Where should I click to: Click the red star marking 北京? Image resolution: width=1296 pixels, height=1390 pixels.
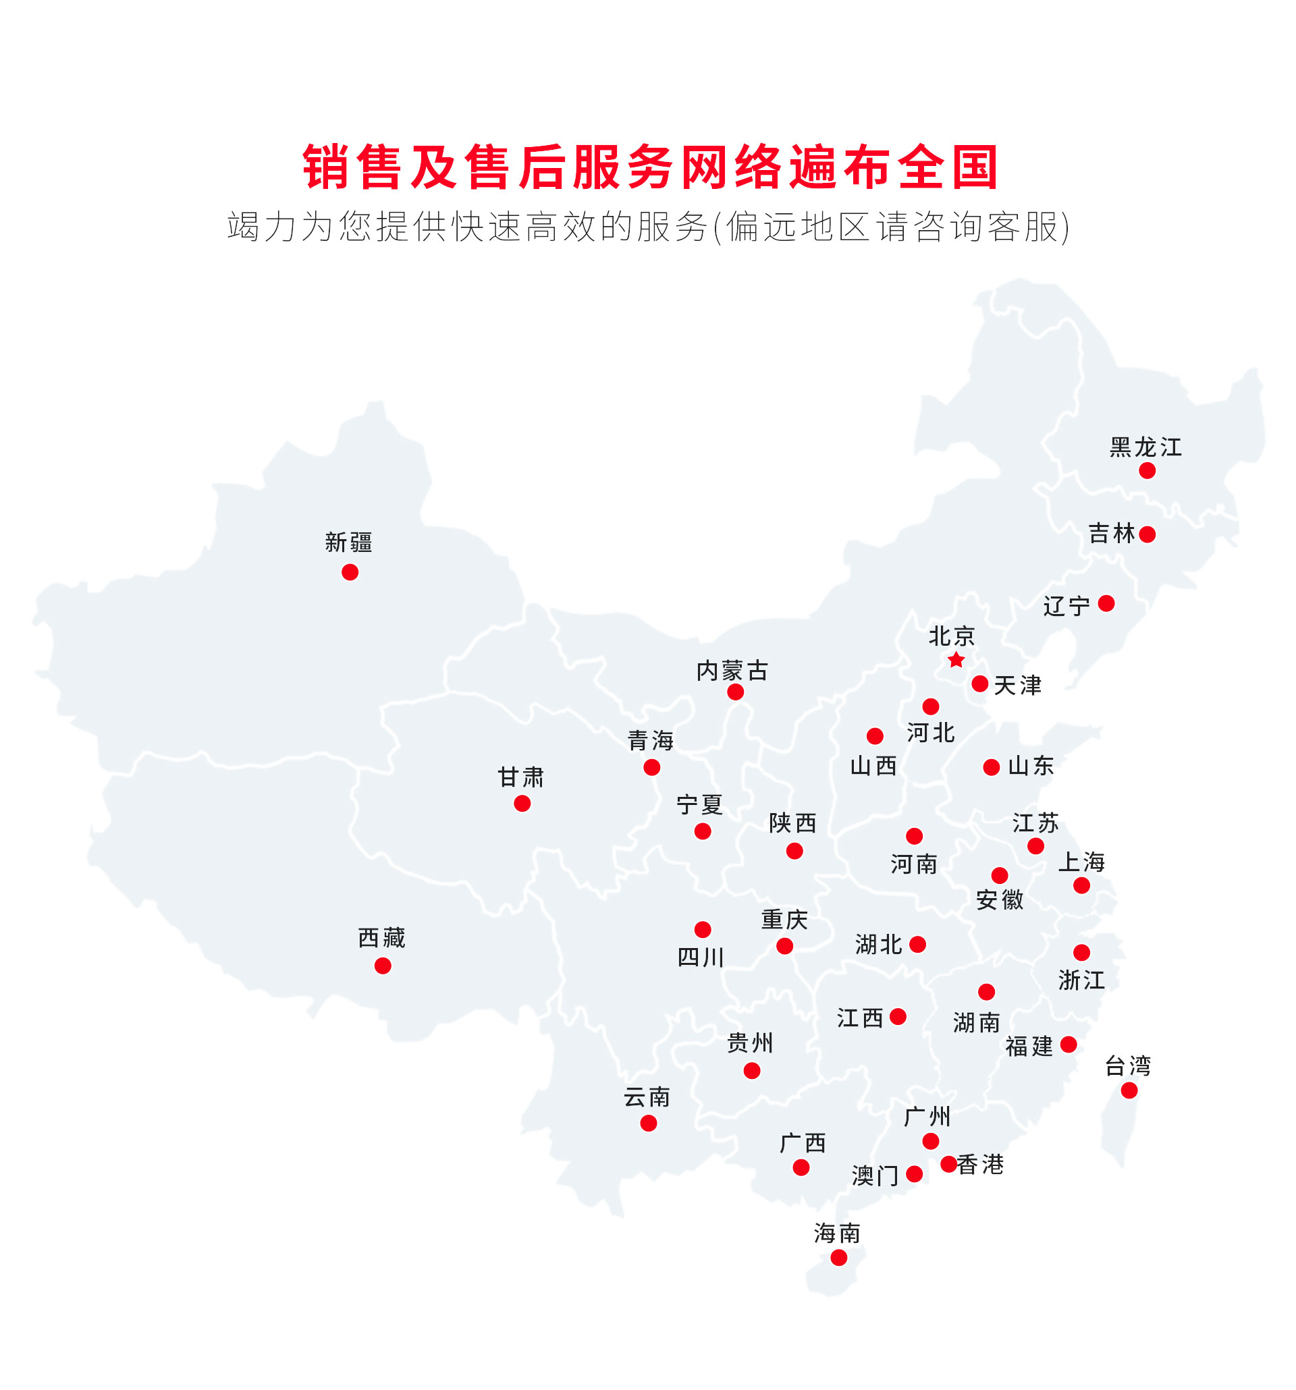(955, 659)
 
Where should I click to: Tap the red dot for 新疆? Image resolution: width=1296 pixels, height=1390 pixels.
(350, 572)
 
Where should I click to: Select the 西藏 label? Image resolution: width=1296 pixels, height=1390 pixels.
(381, 938)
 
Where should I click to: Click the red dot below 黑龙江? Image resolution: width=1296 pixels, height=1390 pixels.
(1146, 470)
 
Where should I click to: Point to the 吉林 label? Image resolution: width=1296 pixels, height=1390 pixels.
(1111, 534)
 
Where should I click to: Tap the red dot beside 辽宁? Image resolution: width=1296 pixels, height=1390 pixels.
(1106, 603)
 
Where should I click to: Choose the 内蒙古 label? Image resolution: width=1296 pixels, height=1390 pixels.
(732, 671)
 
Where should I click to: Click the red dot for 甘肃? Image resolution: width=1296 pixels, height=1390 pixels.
(522, 804)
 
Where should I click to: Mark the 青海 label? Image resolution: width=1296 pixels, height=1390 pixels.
(650, 740)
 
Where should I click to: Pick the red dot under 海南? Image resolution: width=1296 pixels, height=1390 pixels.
(838, 1258)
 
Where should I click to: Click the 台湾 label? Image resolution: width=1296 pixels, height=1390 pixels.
(1127, 1065)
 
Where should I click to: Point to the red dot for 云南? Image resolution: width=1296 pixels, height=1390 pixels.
(649, 1123)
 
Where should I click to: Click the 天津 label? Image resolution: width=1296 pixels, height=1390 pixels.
(1017, 685)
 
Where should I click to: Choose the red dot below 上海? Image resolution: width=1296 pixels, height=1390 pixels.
(1081, 886)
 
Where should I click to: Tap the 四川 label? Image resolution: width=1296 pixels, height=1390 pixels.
(700, 957)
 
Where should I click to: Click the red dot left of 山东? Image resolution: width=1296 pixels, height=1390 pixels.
(991, 768)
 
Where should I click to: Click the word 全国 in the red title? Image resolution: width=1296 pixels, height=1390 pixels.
(948, 168)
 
